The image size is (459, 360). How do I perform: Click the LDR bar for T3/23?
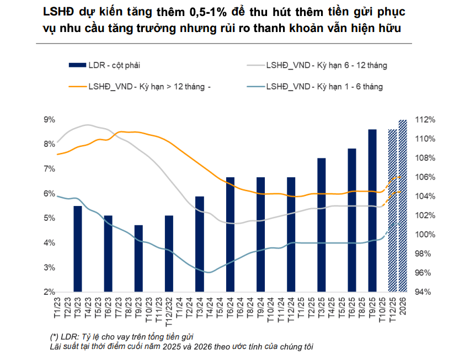tap(78, 248)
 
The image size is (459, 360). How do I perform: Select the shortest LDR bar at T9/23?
tap(138, 258)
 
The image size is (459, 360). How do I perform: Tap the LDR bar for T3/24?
tap(200, 244)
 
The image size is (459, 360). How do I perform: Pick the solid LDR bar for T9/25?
tap(372, 210)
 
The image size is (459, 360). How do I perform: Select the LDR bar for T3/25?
tap(322, 225)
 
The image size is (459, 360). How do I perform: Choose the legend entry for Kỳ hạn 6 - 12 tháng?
tap(326, 65)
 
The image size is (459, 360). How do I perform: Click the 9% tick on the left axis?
tap(49, 120)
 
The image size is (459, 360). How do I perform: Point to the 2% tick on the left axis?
tap(49, 292)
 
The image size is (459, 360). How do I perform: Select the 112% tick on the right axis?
tap(425, 120)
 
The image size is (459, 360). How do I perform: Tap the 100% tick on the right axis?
tap(425, 235)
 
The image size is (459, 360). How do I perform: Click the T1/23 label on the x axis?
tap(57, 306)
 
